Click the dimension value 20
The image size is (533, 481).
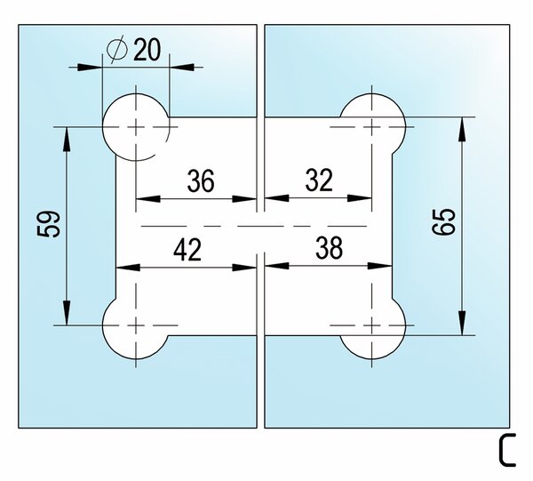[147, 50]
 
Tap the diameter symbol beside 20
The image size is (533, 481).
[116, 50]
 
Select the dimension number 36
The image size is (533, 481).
[201, 180]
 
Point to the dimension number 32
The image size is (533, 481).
[319, 180]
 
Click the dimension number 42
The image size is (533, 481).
[187, 249]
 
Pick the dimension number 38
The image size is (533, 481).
[329, 248]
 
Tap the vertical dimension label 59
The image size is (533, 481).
[49, 223]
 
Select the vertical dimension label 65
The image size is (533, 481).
[443, 221]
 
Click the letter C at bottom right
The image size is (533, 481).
[507, 450]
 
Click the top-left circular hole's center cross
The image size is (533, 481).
[136, 127]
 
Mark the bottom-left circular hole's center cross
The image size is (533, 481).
[136, 325]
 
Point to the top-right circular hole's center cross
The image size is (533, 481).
[372, 127]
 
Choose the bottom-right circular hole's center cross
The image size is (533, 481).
[372, 325]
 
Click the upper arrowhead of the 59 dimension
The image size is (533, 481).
[67, 140]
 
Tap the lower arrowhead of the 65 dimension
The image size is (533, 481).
[462, 323]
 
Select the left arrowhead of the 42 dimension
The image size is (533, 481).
[128, 268]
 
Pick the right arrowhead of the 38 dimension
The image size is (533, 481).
[380, 266]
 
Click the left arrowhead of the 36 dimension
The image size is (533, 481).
[148, 199]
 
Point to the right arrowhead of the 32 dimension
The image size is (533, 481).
[360, 198]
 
